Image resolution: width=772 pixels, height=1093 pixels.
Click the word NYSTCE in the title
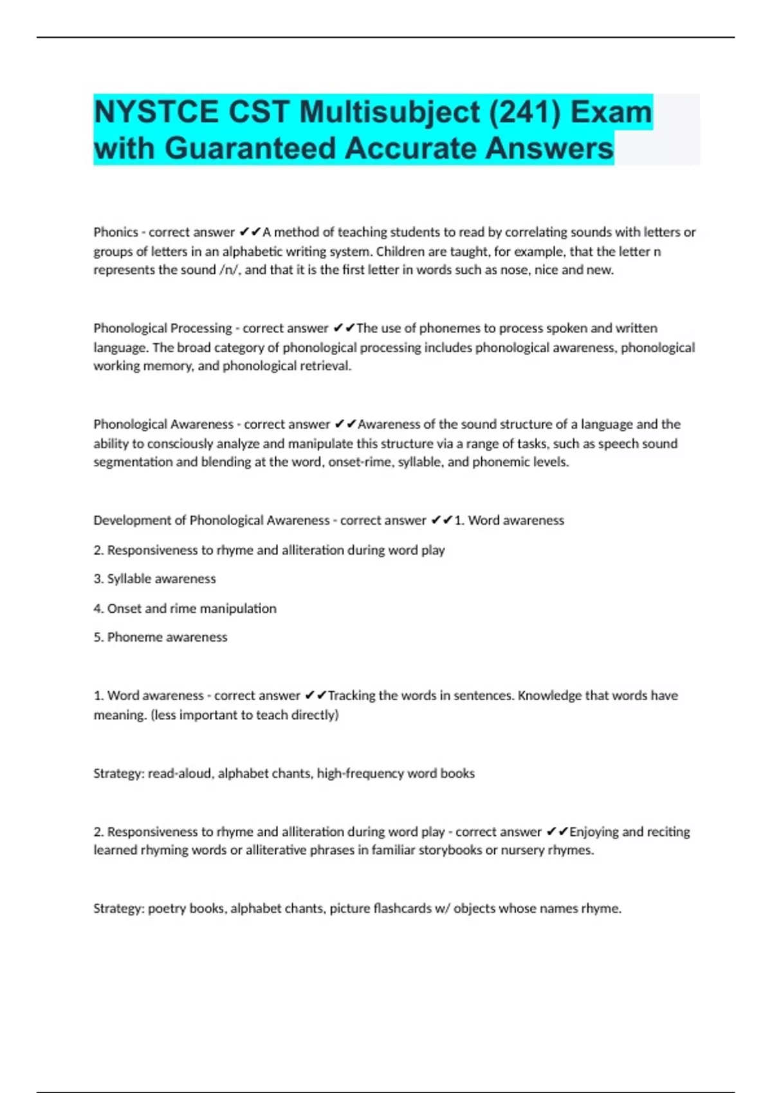click(x=156, y=112)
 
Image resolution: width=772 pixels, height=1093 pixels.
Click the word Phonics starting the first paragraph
click(x=116, y=232)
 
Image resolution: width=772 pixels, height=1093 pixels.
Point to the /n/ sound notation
click(x=228, y=270)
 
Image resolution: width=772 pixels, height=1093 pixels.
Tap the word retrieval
click(x=325, y=366)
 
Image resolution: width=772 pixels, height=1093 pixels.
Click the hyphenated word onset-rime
click(x=359, y=462)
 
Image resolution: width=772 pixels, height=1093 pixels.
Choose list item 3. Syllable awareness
click(x=154, y=579)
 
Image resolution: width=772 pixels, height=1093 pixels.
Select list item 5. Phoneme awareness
click(x=160, y=637)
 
